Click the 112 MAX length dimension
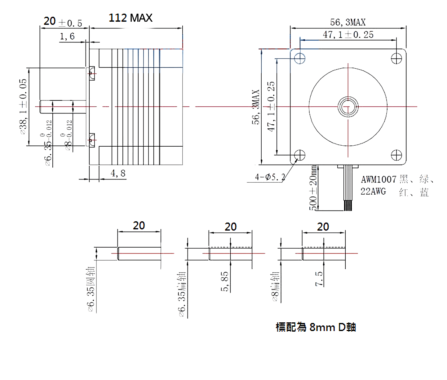(131, 18)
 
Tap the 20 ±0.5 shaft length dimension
(63, 22)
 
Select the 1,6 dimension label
(67, 37)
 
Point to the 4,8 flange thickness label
(118, 173)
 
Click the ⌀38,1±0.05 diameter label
(23, 106)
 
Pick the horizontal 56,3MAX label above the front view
(348, 22)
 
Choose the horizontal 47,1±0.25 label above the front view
(348, 35)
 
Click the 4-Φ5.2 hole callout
(270, 177)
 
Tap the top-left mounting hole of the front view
(300, 58)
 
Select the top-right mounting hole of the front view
(396, 58)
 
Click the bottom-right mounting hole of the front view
(396, 155)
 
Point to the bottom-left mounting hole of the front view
(300, 155)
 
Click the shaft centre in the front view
(348, 107)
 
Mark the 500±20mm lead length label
(313, 188)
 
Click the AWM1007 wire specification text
(378, 179)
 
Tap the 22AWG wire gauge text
(373, 192)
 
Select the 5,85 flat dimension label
(225, 281)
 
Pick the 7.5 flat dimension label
(319, 279)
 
